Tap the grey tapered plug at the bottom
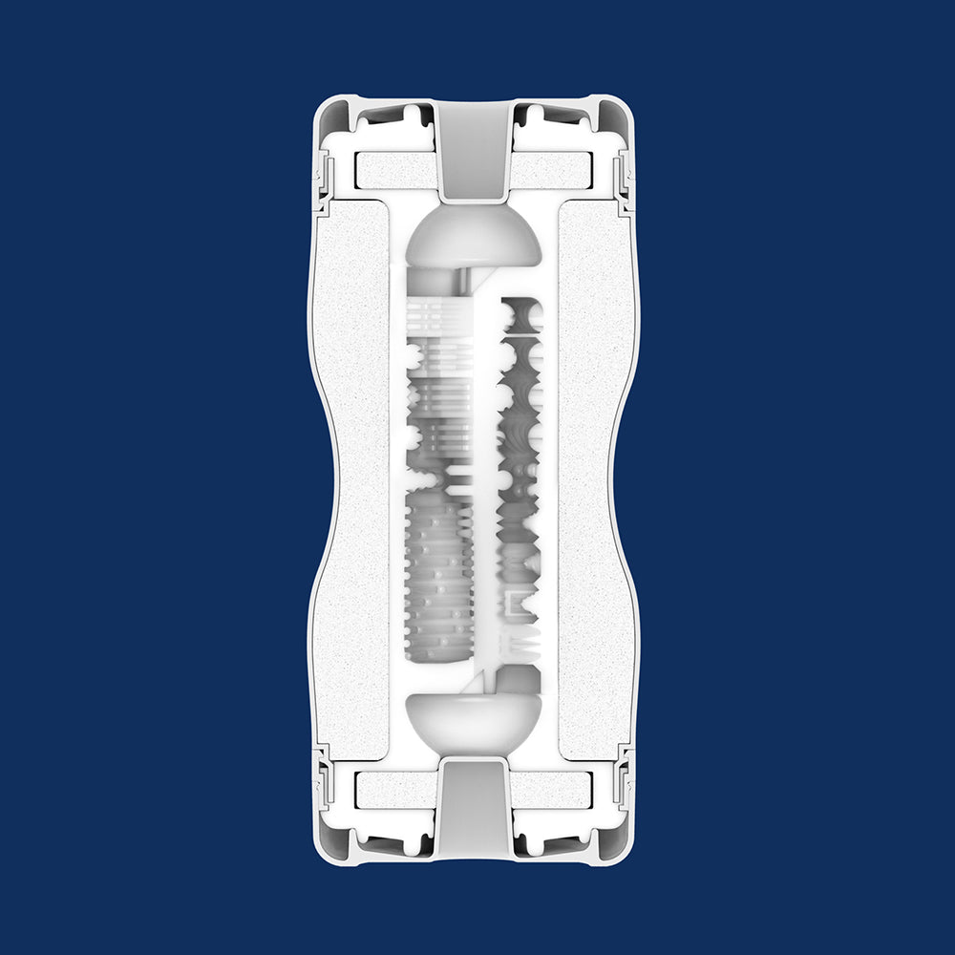(474, 802)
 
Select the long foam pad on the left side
(352, 477)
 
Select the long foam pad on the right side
(593, 477)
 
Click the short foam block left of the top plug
(393, 171)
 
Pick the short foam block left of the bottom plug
(393, 788)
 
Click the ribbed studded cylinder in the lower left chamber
(439, 573)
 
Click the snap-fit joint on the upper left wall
(324, 177)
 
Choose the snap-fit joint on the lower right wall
(624, 778)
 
